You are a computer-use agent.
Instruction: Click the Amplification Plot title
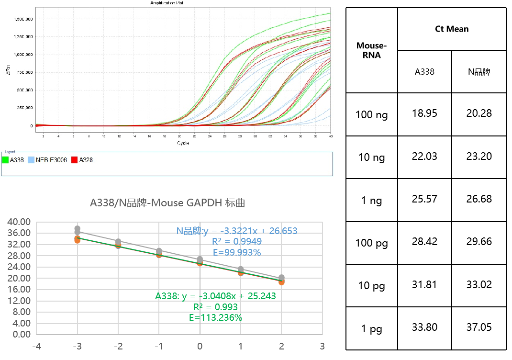[167, 3]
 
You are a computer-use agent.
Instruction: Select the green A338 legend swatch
[6, 160]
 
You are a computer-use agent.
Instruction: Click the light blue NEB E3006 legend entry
[47, 160]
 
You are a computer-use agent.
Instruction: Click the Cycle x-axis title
[183, 143]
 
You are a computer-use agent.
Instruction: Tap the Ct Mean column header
[451, 29]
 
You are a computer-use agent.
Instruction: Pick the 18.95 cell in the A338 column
[424, 114]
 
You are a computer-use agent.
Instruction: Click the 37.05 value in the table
[479, 327]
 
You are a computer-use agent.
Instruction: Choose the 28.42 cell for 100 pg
[424, 242]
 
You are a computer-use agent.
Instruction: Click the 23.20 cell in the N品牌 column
[479, 157]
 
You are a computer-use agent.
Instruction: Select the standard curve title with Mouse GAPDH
[167, 203]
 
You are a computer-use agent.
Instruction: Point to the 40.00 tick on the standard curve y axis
[20, 222]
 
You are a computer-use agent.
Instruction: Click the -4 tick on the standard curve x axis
[36, 346]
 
